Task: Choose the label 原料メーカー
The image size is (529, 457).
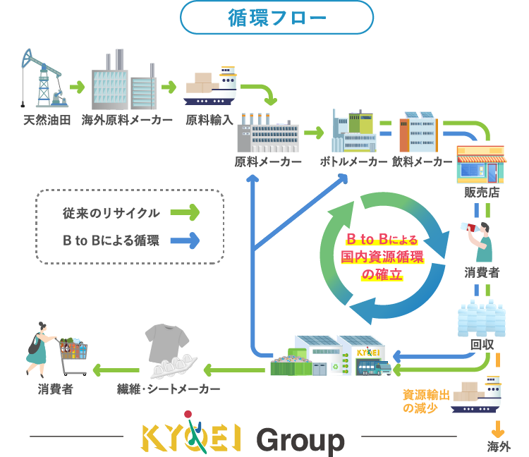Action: tap(268, 162)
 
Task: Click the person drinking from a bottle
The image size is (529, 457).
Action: tap(483, 240)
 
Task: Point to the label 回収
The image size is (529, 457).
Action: tap(482, 344)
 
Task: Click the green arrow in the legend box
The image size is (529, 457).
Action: tap(185, 212)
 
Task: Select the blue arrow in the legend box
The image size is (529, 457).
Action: tap(185, 240)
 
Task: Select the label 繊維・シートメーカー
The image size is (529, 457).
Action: tap(169, 389)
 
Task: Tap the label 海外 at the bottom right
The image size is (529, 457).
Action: tap(499, 446)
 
